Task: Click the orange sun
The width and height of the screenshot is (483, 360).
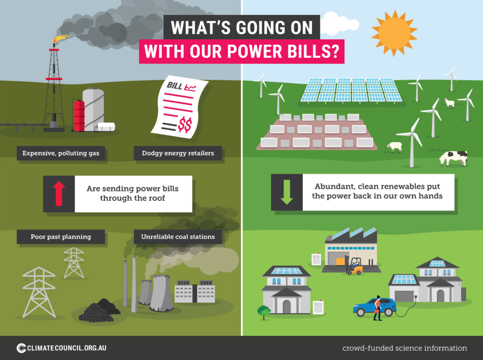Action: [x=394, y=33]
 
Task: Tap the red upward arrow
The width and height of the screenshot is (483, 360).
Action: [x=59, y=193]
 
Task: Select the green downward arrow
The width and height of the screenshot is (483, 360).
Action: [x=287, y=192]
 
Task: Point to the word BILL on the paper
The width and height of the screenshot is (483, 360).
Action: [x=175, y=85]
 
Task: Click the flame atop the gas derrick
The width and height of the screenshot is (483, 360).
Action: [x=61, y=39]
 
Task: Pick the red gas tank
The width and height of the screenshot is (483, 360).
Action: [x=79, y=116]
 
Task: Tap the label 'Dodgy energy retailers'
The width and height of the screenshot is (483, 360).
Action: [x=178, y=153]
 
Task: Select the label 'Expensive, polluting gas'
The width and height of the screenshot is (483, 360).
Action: [x=61, y=153]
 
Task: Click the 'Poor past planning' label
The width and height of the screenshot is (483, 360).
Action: [x=61, y=237]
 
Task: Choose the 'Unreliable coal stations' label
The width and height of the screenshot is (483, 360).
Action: [x=178, y=237]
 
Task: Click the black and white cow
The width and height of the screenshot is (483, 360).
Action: [x=453, y=158]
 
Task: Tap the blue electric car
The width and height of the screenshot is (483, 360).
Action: [x=375, y=307]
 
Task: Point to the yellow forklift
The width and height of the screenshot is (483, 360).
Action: [x=354, y=266]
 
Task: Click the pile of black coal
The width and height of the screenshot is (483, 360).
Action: [x=99, y=311]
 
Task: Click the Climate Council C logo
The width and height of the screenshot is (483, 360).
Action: [x=21, y=348]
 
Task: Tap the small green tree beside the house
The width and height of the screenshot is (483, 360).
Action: [x=264, y=312]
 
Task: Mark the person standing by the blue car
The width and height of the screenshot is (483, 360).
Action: [x=378, y=308]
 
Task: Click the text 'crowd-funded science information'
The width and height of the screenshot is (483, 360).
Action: [x=404, y=348]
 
